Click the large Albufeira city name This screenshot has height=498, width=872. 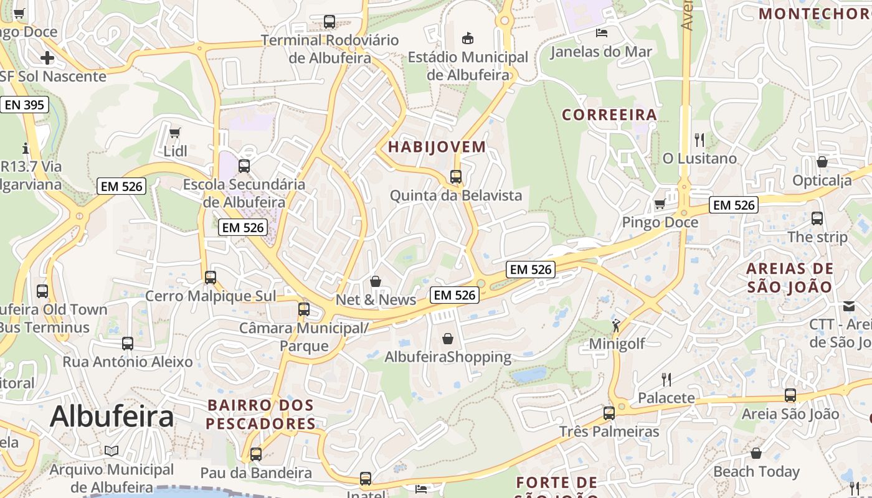[111, 416]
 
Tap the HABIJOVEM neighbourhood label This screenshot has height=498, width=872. [436, 147]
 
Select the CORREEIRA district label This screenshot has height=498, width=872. [609, 115]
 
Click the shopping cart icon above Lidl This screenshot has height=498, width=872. [175, 133]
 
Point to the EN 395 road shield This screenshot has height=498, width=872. [24, 105]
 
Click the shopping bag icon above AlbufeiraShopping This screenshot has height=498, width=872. [447, 339]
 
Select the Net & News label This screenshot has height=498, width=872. [376, 299]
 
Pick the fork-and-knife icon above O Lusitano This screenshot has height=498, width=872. [699, 139]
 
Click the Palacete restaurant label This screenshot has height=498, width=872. [666, 398]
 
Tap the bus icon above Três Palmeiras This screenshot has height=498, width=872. [609, 413]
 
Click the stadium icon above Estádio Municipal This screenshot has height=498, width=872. [467, 39]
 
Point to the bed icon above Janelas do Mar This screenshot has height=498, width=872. [601, 33]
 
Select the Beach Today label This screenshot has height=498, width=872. [756, 471]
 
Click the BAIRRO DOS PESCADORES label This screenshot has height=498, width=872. [261, 415]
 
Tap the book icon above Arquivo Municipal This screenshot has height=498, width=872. [111, 451]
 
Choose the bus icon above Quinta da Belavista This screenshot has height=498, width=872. [456, 177]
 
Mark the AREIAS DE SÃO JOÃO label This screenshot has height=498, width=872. [789, 278]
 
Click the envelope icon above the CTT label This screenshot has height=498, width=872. [849, 306]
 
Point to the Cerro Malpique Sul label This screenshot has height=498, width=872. [210, 296]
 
